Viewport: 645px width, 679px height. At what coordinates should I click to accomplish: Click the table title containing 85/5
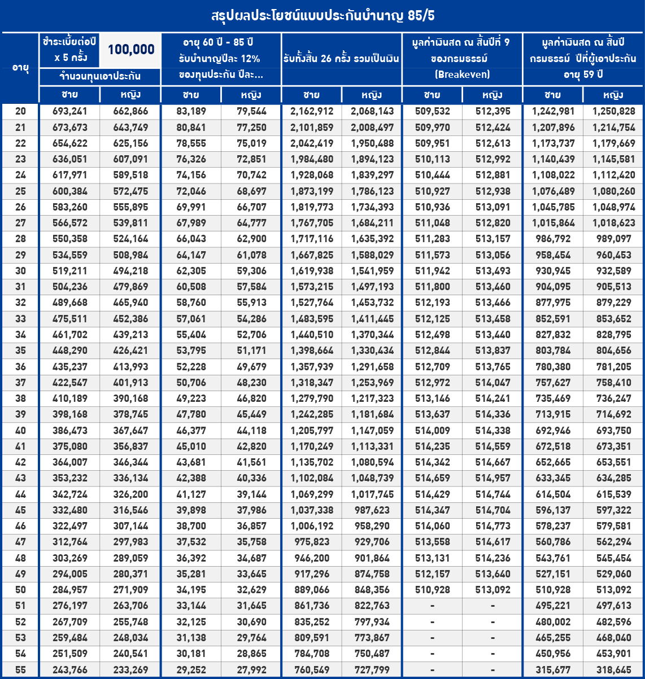point(322,15)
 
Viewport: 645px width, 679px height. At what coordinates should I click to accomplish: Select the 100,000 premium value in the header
point(131,50)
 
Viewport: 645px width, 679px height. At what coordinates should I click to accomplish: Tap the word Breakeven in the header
point(462,74)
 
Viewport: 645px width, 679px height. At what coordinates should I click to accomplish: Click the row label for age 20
point(20,112)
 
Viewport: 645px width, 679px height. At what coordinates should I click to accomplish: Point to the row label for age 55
point(20,669)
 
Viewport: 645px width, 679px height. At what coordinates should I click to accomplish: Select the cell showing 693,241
point(69,112)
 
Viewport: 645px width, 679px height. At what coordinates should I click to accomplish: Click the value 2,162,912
point(312,112)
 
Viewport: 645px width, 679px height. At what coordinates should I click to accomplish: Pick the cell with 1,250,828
point(613,112)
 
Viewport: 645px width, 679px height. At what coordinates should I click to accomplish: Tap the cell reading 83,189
point(191,112)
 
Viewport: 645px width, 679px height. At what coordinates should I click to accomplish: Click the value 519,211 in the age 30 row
point(69,271)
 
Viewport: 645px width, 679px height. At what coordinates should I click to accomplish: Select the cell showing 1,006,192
point(312,526)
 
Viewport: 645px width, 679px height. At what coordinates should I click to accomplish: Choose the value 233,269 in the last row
point(130,669)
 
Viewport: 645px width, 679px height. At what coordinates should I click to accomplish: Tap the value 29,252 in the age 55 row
point(191,669)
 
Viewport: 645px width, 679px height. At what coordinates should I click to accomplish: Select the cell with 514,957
point(493,478)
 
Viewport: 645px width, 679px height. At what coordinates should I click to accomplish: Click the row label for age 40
point(20,431)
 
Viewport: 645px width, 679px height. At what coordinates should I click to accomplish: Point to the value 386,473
point(69,431)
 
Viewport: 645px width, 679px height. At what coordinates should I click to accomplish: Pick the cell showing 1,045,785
point(553,207)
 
